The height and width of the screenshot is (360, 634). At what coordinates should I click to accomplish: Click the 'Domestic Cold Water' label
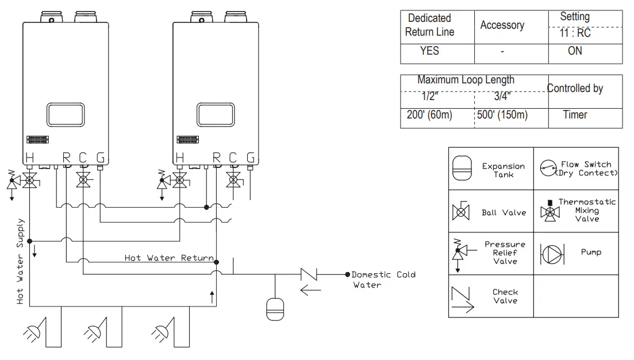click(x=383, y=279)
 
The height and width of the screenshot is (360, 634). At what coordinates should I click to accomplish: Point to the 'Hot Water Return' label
click(x=169, y=258)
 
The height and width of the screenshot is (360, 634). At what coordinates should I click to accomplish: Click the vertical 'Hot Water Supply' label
click(x=21, y=261)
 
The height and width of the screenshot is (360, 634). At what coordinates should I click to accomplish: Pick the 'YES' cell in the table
click(x=429, y=51)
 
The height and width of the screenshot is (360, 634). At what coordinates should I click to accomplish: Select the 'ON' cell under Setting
click(x=575, y=51)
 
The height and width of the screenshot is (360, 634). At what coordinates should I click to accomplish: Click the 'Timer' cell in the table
click(x=575, y=115)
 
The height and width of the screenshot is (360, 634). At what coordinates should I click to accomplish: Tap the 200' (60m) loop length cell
click(x=429, y=115)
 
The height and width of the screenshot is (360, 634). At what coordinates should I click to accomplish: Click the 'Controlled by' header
click(x=575, y=89)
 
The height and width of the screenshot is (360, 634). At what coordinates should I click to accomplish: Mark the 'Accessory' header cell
click(x=502, y=26)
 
